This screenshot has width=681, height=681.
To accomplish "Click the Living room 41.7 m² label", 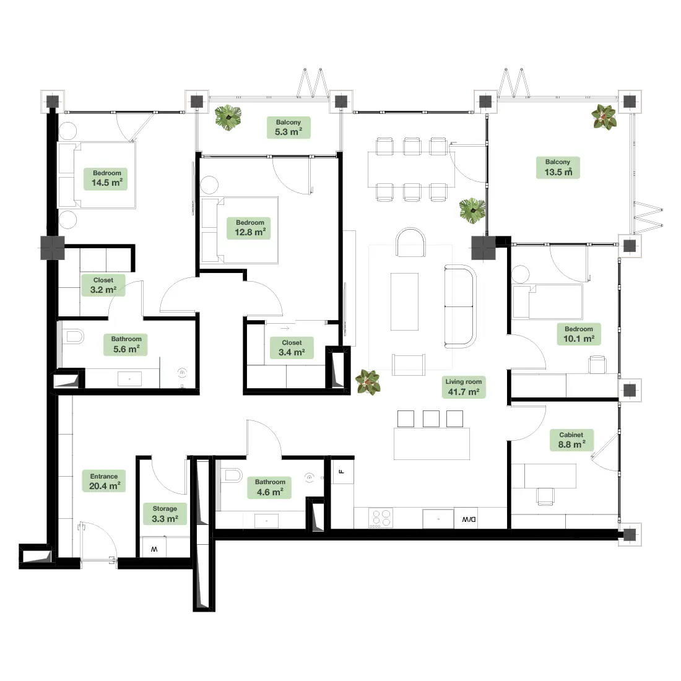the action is [x=464, y=387].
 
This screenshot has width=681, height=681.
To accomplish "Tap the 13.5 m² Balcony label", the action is [x=558, y=167].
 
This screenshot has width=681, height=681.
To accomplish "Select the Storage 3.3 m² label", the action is [x=165, y=514].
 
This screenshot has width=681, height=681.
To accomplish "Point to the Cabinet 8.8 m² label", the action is [x=571, y=440].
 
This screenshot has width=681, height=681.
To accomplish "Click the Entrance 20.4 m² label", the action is [x=104, y=481].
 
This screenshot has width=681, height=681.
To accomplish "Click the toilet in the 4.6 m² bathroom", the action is [x=232, y=475].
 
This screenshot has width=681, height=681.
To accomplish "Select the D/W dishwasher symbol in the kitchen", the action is [x=466, y=518].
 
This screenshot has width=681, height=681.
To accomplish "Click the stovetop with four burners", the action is [x=381, y=518].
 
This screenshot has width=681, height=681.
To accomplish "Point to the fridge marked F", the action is [x=342, y=471].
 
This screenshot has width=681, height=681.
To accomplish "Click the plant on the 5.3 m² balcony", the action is [x=228, y=117].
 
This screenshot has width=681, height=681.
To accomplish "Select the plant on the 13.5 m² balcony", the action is [x=604, y=117].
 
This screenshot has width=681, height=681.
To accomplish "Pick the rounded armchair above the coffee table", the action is [x=410, y=242].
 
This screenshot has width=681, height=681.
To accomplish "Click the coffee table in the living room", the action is [x=404, y=301].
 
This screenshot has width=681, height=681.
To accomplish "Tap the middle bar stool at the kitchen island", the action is [x=431, y=419].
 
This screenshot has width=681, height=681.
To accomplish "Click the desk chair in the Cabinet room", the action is [x=545, y=497].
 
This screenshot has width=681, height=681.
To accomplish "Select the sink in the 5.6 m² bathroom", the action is [x=129, y=379].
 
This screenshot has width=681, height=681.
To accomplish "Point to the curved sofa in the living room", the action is [x=461, y=306].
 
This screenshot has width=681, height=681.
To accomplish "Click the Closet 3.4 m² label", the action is [x=292, y=348].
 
